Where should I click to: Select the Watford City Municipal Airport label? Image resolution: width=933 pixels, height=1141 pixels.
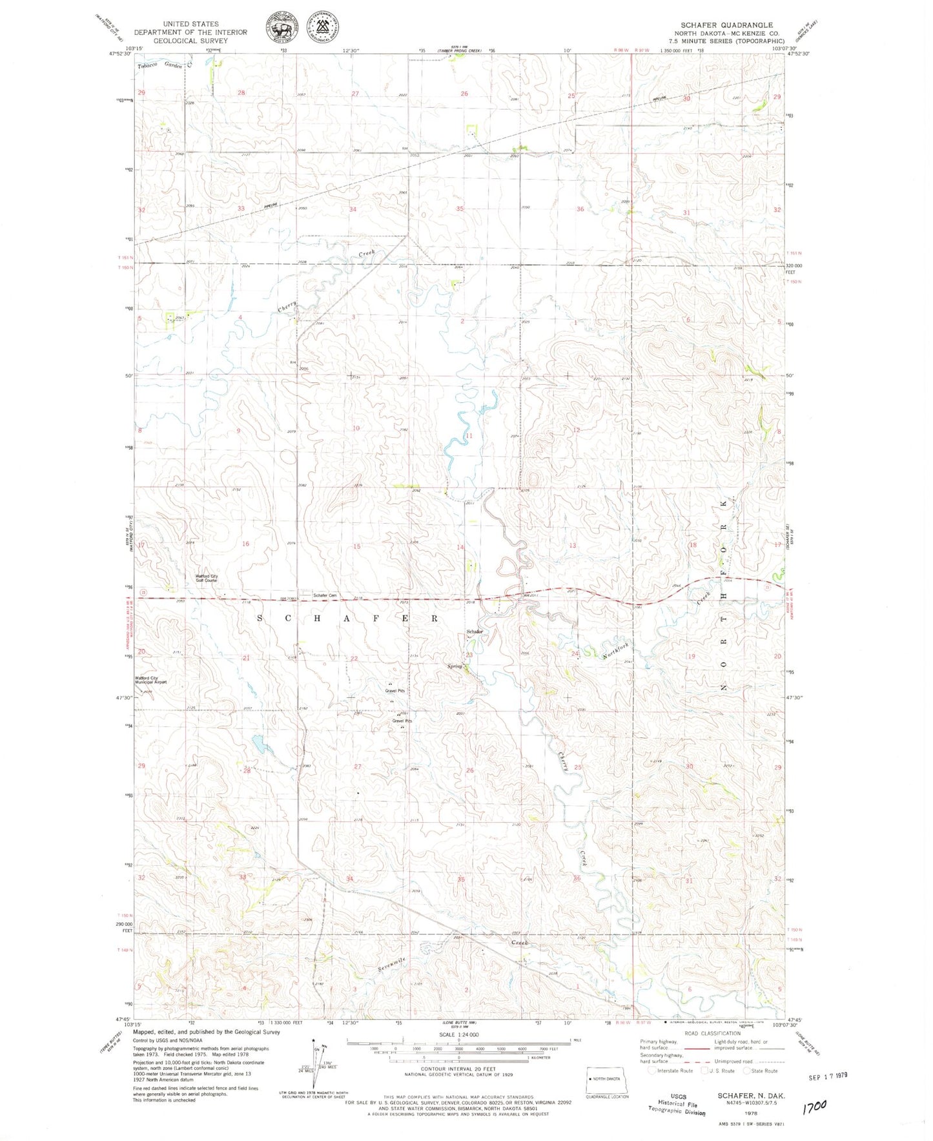150,680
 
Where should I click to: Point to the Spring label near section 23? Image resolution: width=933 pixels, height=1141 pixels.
455,666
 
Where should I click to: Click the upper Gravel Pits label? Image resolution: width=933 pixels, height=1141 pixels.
395,690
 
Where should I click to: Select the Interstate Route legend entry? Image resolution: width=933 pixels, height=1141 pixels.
672,1071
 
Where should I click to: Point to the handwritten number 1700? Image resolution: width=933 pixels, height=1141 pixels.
814,1109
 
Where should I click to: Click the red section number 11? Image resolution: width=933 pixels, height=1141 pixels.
469,436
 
